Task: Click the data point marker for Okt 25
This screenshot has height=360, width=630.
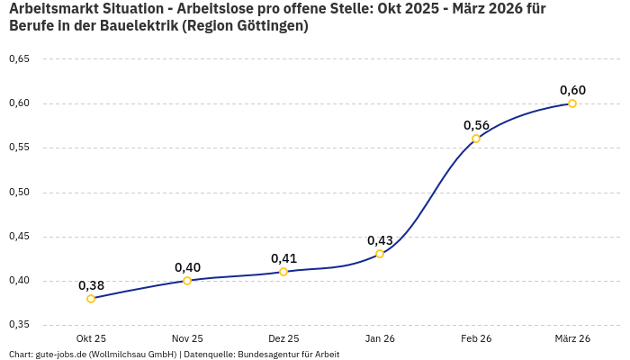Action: click(91, 299)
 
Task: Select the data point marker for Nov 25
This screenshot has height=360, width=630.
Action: click(187, 281)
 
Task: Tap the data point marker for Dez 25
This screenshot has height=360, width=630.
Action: click(283, 272)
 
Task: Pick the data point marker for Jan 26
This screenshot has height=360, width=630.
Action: click(380, 254)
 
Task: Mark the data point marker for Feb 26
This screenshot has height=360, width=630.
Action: click(476, 139)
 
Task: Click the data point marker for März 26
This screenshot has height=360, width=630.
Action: click(572, 103)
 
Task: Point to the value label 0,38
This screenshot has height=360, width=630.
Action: click(91, 285)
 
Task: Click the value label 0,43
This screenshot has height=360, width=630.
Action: click(380, 240)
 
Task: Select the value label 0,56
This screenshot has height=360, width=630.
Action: click(476, 125)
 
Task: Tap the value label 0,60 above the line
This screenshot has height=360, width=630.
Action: click(572, 90)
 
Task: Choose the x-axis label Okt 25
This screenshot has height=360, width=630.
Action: click(91, 338)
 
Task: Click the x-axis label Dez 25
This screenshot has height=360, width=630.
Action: click(283, 338)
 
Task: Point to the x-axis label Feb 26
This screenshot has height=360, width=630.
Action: click(476, 338)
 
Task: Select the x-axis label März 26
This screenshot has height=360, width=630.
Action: click(572, 338)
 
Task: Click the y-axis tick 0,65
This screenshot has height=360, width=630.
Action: click(19, 59)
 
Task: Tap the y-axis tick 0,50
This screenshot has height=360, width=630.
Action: click(19, 193)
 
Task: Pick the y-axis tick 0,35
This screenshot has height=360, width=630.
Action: click(19, 325)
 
